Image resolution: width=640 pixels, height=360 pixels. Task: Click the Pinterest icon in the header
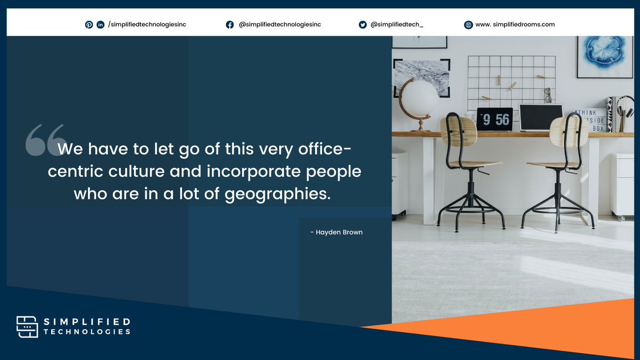coord(89,25)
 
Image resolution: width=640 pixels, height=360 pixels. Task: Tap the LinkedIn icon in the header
coord(100,25)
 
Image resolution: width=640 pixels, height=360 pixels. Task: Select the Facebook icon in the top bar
coord(230,25)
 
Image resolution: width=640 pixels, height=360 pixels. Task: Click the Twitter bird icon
coord(363,25)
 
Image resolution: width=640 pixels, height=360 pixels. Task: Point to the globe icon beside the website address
coord(468,25)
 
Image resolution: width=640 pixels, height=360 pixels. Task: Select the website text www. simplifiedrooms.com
coord(515,25)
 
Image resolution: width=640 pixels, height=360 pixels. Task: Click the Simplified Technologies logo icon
coord(27,326)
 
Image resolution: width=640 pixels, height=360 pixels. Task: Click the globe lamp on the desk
coord(418,101)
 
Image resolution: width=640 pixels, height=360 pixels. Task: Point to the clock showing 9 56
coord(494,119)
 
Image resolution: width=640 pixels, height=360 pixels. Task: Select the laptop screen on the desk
coord(540,117)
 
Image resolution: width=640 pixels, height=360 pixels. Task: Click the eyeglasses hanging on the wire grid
coord(548,95)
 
